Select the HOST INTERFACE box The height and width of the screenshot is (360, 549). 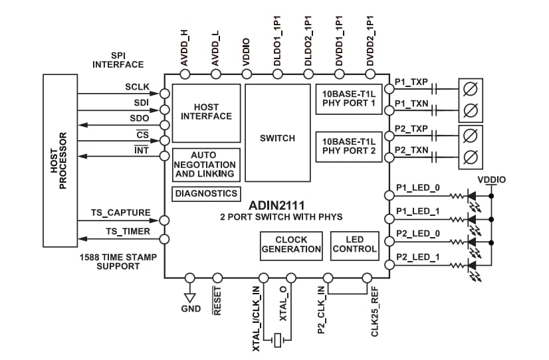point(206,112)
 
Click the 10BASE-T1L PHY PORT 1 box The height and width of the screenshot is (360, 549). point(349,100)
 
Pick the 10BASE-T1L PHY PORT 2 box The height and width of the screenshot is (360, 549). point(349,146)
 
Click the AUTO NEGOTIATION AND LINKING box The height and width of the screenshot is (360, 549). point(206,164)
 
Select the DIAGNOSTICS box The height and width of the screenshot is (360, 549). point(206,193)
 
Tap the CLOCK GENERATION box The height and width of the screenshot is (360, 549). point(291,244)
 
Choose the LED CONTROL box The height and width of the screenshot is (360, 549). point(355,244)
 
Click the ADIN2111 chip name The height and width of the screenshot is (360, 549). point(277,206)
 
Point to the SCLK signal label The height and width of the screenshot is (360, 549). point(137,87)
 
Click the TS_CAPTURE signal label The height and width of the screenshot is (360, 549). point(120,213)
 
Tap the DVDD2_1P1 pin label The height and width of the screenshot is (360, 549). point(370,39)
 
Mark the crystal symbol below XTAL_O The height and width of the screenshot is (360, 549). point(276,341)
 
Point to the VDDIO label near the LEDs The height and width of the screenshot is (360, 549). point(491,180)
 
